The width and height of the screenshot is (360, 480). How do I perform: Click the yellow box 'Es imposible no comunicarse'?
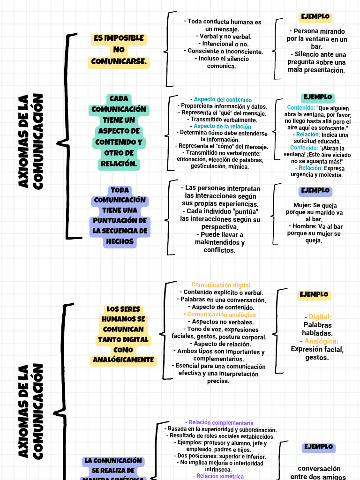click(119, 50)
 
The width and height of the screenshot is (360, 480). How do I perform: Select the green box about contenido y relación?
click(119, 131)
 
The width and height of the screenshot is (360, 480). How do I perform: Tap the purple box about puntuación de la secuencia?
click(120, 216)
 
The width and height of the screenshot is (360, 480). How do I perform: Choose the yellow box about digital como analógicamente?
click(124, 335)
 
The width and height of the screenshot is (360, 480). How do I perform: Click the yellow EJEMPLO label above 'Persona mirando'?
click(315, 17)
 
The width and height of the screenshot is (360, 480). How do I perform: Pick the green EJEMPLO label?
click(317, 97)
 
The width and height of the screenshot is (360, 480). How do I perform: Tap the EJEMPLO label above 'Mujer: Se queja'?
click(315, 191)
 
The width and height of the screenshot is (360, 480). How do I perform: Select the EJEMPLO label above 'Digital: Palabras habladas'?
click(314, 295)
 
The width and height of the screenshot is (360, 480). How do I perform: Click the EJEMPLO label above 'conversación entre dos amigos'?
click(318, 447)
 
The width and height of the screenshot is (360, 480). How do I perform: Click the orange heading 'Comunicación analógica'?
click(221, 315)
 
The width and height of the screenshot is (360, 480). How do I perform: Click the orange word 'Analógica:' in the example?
click(321, 341)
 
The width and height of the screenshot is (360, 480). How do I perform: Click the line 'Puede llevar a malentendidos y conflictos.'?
click(220, 242)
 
